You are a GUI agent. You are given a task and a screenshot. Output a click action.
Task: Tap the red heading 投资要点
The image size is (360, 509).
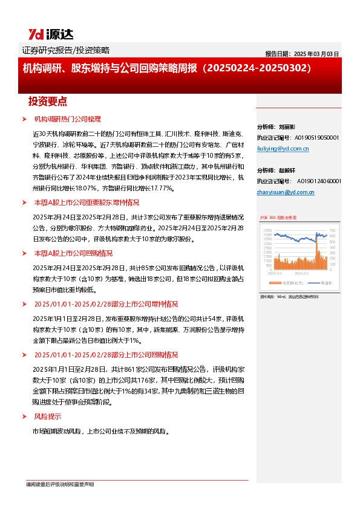(48, 101)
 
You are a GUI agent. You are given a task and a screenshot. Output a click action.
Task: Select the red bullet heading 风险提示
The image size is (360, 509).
(47, 417)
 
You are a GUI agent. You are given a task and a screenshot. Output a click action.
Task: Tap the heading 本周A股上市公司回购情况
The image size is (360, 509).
(73, 253)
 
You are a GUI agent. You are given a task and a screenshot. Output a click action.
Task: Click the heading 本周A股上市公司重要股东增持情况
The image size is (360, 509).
(87, 203)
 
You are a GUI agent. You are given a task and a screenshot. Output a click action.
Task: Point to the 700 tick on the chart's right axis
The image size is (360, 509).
(332, 230)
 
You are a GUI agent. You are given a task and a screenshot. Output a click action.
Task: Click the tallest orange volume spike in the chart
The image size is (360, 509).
(316, 242)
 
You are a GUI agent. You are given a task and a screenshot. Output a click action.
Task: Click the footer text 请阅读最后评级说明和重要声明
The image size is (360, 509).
(59, 484)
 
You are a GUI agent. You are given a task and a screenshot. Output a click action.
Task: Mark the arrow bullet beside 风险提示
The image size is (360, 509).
(24, 417)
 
